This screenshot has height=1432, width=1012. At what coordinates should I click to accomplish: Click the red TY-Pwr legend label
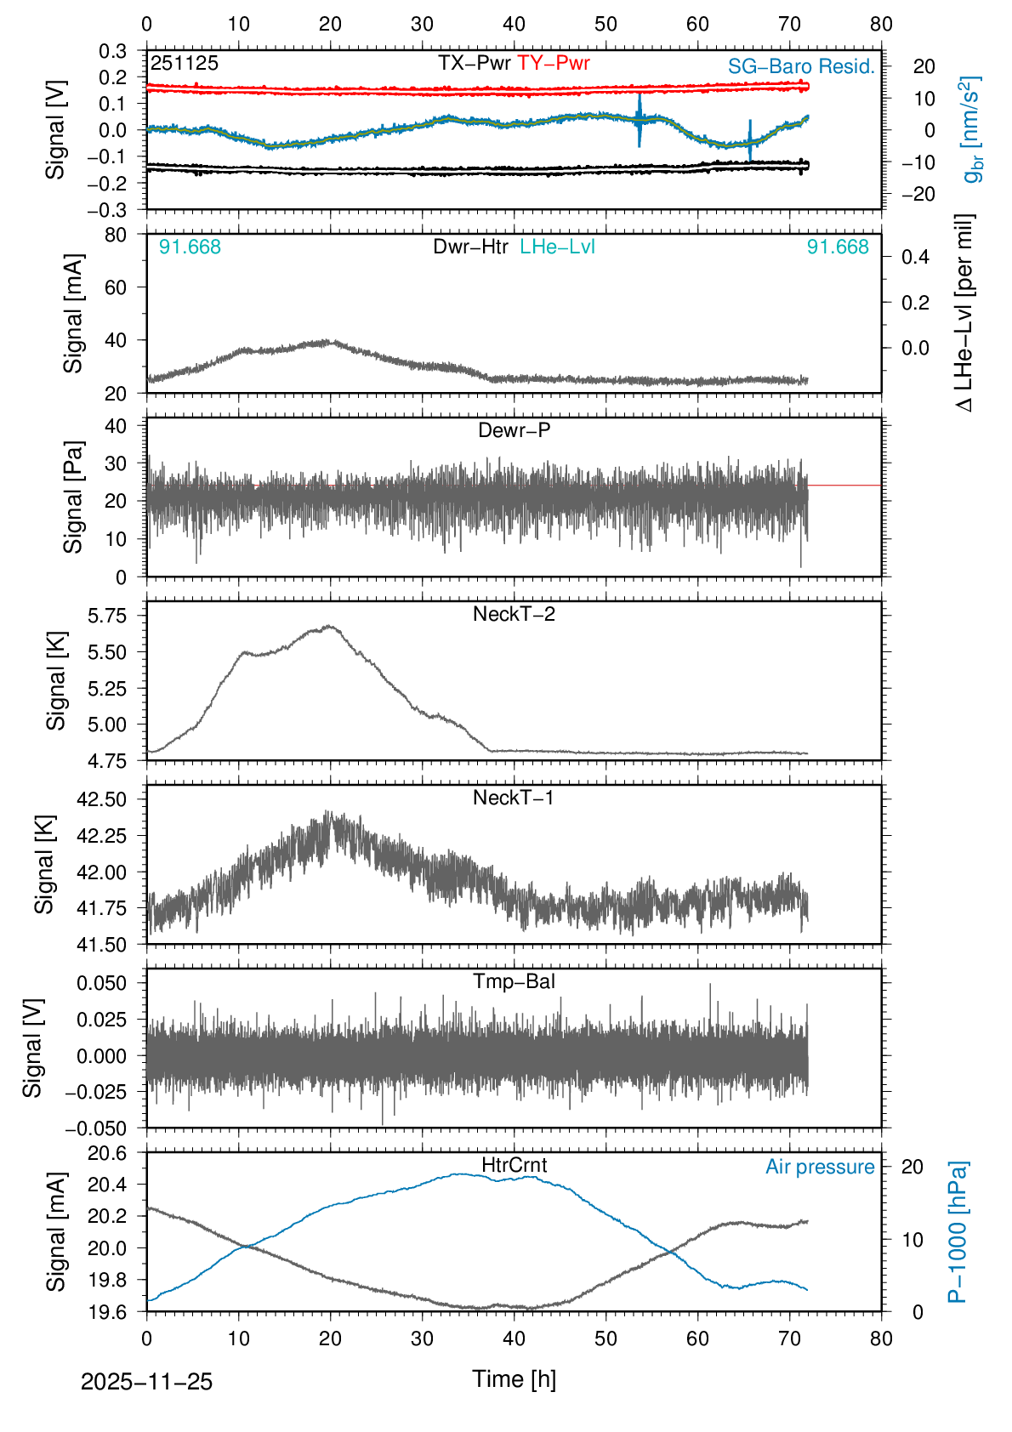tap(553, 63)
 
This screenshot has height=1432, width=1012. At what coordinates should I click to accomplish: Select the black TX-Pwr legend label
tap(475, 63)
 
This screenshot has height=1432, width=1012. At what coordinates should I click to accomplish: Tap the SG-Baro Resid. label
tap(801, 66)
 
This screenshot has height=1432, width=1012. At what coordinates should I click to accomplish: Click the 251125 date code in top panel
tap(185, 63)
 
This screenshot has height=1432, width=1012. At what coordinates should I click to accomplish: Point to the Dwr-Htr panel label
tap(470, 247)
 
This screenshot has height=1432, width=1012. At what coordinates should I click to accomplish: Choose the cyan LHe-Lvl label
tap(557, 247)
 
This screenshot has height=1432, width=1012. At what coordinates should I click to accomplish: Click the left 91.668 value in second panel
tap(190, 247)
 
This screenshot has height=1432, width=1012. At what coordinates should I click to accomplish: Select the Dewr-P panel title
tap(514, 430)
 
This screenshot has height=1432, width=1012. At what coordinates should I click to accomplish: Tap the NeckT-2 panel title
tap(514, 614)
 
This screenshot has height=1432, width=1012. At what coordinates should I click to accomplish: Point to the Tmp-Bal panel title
tap(514, 981)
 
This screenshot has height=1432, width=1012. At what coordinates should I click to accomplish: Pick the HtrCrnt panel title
tap(514, 1165)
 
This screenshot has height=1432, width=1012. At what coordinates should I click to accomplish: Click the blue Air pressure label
tap(820, 1167)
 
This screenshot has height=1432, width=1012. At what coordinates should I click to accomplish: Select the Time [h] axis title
tap(514, 1378)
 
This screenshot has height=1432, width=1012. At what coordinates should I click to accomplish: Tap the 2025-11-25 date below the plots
tap(146, 1382)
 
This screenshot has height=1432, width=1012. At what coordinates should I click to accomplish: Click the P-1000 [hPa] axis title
tap(958, 1232)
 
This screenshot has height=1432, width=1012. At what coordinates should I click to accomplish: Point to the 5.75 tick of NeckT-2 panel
tap(107, 616)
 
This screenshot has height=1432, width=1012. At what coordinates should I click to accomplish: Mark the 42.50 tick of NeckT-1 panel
tap(101, 799)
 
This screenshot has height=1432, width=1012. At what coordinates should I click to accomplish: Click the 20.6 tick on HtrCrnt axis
tap(107, 1153)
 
